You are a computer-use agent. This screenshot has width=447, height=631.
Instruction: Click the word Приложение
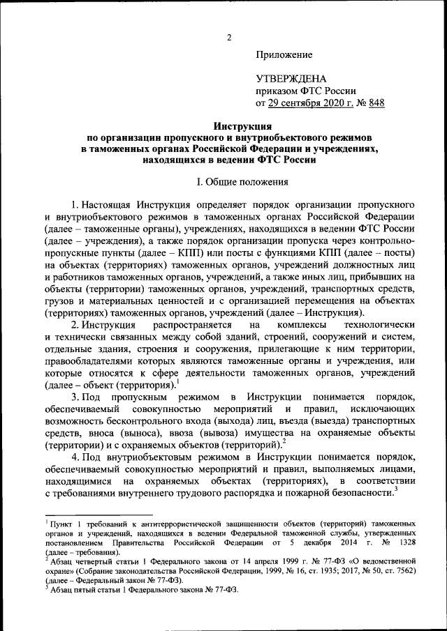click(284, 54)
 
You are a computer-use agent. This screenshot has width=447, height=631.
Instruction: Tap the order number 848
click(376, 103)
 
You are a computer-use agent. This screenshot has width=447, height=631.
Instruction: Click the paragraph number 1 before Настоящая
click(73, 206)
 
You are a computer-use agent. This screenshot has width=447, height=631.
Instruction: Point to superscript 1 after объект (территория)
click(177, 381)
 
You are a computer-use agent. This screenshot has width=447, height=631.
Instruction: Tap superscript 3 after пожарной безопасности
click(396, 489)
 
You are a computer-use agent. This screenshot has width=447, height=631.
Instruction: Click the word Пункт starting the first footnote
click(61, 522)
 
